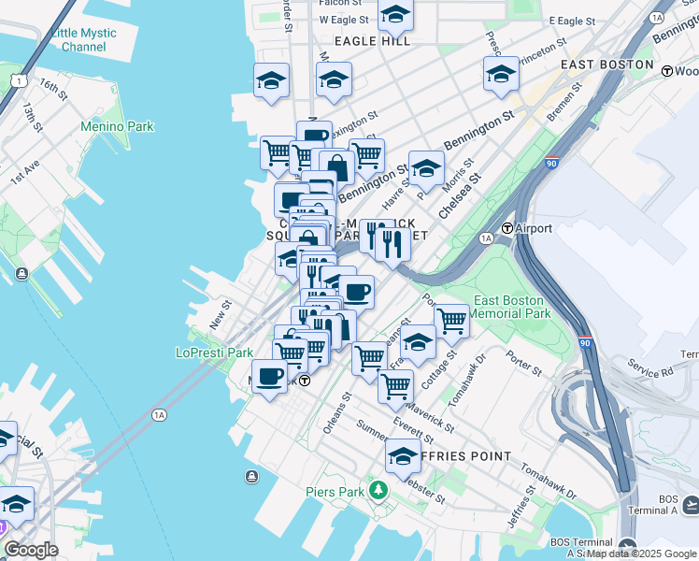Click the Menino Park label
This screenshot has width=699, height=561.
(117, 126)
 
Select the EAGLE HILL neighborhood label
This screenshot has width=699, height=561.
(372, 41)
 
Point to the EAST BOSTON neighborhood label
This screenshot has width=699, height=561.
(606, 65)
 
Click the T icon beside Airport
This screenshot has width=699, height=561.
(507, 228)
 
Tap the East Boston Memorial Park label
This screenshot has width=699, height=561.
(508, 308)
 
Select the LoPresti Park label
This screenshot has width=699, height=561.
(214, 353)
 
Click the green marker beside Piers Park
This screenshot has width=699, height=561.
(378, 489)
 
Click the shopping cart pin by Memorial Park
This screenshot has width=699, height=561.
(451, 320)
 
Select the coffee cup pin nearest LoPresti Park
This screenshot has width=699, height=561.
(270, 377)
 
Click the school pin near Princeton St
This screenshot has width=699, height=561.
(501, 73)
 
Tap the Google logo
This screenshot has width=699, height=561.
(31, 549)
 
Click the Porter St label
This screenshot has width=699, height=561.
(523, 364)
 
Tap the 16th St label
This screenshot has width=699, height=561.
(54, 90)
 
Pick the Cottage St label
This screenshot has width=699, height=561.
(437, 370)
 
